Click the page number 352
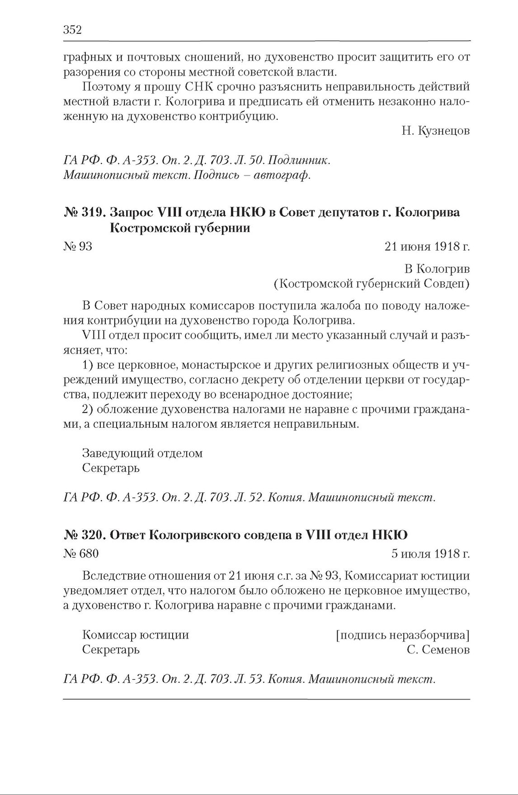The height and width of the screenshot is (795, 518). click(72, 30)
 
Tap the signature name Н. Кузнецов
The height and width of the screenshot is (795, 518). click(435, 131)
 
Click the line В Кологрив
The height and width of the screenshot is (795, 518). click(437, 269)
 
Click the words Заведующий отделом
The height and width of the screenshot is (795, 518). click(142, 453)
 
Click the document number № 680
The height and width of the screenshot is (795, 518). click(81, 554)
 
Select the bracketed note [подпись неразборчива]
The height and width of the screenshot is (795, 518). click(403, 635)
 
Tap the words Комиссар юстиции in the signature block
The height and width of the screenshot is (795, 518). click(136, 635)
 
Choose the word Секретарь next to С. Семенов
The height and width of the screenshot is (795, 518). click(111, 650)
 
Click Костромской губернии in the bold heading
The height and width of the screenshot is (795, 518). click(180, 228)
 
